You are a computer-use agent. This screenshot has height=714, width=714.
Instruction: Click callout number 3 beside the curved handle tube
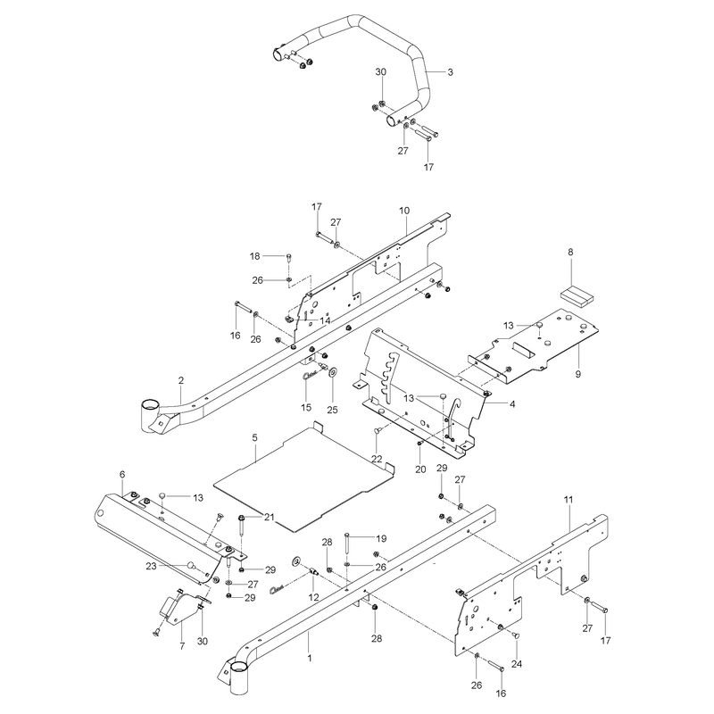[x=451, y=72]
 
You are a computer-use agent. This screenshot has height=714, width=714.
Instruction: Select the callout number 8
[x=570, y=252]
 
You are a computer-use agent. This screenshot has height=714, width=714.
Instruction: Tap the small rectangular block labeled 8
[x=577, y=295]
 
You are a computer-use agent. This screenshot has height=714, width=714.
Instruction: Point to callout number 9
[x=578, y=374]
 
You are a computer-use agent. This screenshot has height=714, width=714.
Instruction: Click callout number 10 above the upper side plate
[x=404, y=211]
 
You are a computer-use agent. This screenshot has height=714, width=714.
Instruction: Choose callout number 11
[x=569, y=500]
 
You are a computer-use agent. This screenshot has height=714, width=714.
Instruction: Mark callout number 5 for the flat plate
[x=254, y=437]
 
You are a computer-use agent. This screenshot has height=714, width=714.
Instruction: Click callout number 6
[x=122, y=474]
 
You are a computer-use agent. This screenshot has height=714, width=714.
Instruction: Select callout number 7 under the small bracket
[x=182, y=645]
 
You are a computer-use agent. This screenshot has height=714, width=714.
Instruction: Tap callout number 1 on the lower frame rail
[x=310, y=658]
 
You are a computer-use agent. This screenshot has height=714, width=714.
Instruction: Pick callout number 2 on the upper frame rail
[x=181, y=380]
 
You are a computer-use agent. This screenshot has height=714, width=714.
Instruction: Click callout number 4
[x=512, y=404]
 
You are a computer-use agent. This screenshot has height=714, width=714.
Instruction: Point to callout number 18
[x=255, y=256]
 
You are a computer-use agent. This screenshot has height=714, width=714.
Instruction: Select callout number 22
[x=377, y=459]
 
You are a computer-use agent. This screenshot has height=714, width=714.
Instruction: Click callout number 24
[x=517, y=664]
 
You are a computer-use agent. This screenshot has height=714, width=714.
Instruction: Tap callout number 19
[x=382, y=539]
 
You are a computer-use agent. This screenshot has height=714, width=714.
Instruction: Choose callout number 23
[x=151, y=566]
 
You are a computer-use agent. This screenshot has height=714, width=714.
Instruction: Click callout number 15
[x=306, y=407]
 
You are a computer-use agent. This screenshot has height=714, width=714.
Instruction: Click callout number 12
[x=314, y=597]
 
